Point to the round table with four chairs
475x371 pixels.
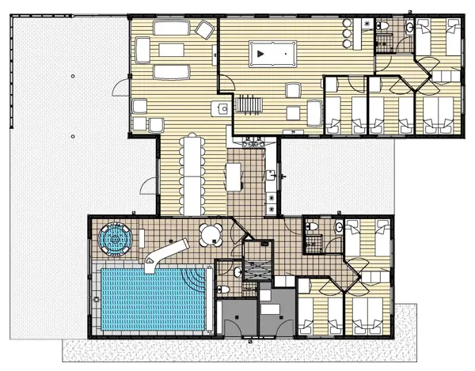[211, 236]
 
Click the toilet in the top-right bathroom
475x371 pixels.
[385, 27]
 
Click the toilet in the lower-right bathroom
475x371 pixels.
[313, 228]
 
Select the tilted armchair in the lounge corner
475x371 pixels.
[205, 29]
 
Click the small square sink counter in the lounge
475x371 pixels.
[220, 107]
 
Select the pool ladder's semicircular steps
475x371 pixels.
[196, 278]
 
